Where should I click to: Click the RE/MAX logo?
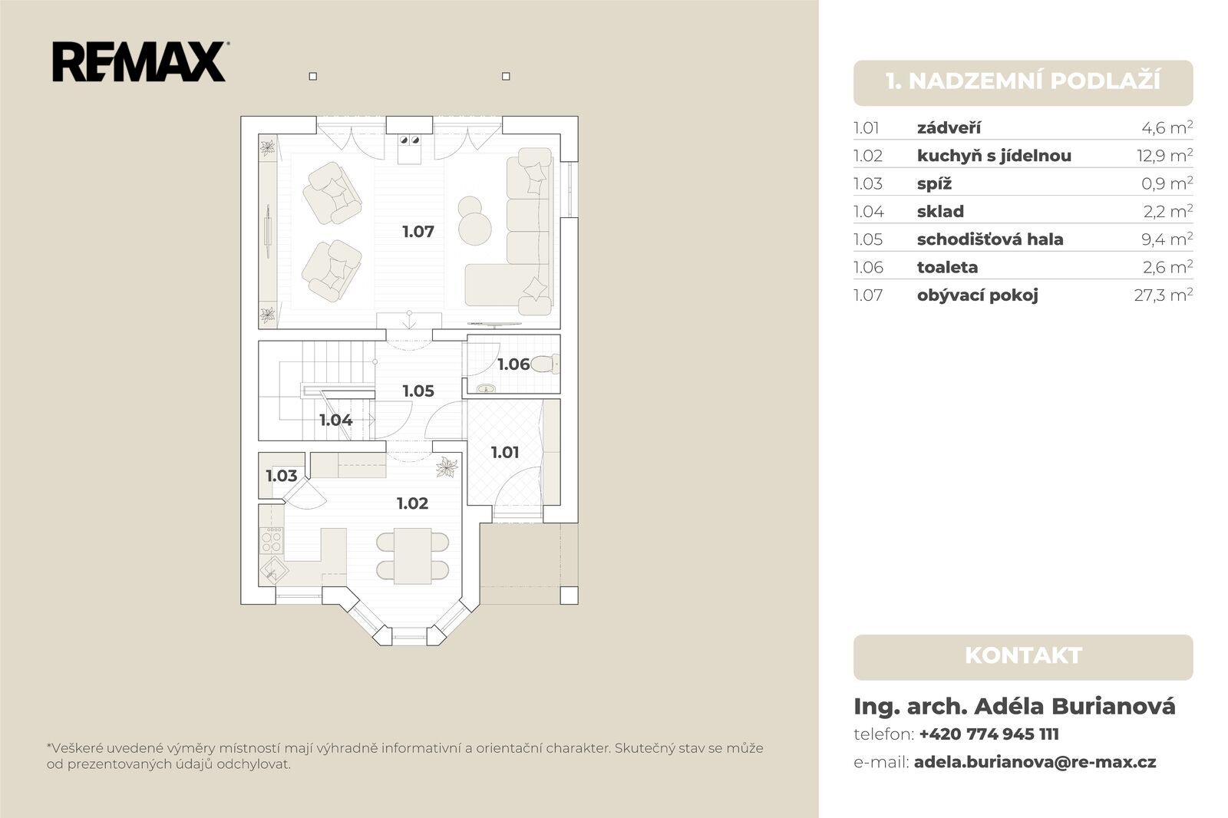point(139,61)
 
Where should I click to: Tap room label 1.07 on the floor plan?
point(418,232)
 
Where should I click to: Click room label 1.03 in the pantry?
point(281,475)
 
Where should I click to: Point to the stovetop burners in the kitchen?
point(271,541)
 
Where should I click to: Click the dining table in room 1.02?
point(412,556)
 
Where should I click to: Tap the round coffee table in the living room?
point(475,228)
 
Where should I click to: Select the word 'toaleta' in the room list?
point(947,267)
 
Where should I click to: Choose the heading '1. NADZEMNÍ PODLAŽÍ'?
point(1023,81)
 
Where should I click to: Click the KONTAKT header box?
point(1023,658)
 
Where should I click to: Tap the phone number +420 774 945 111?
point(989,734)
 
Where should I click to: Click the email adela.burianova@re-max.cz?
point(1035,762)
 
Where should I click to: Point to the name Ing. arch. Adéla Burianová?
point(1014,706)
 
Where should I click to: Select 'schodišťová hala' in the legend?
point(990,239)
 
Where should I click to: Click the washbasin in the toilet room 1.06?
point(486,389)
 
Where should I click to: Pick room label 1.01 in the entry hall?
point(504,452)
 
